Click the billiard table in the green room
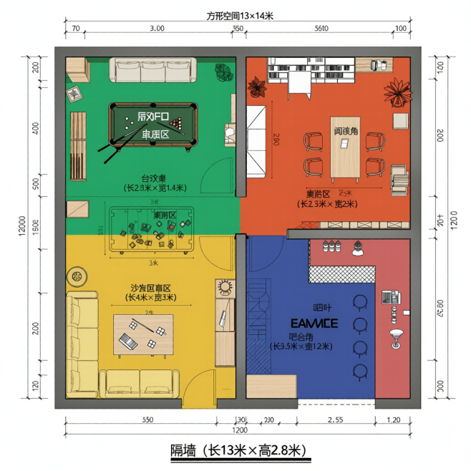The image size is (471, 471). click(x=152, y=126)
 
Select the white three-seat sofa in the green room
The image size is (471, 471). click(x=152, y=71)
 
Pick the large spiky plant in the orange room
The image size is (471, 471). click(x=397, y=93)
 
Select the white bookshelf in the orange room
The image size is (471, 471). click(x=311, y=71)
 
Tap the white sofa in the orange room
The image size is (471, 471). click(x=256, y=140)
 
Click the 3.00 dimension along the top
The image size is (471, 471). click(x=156, y=29)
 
